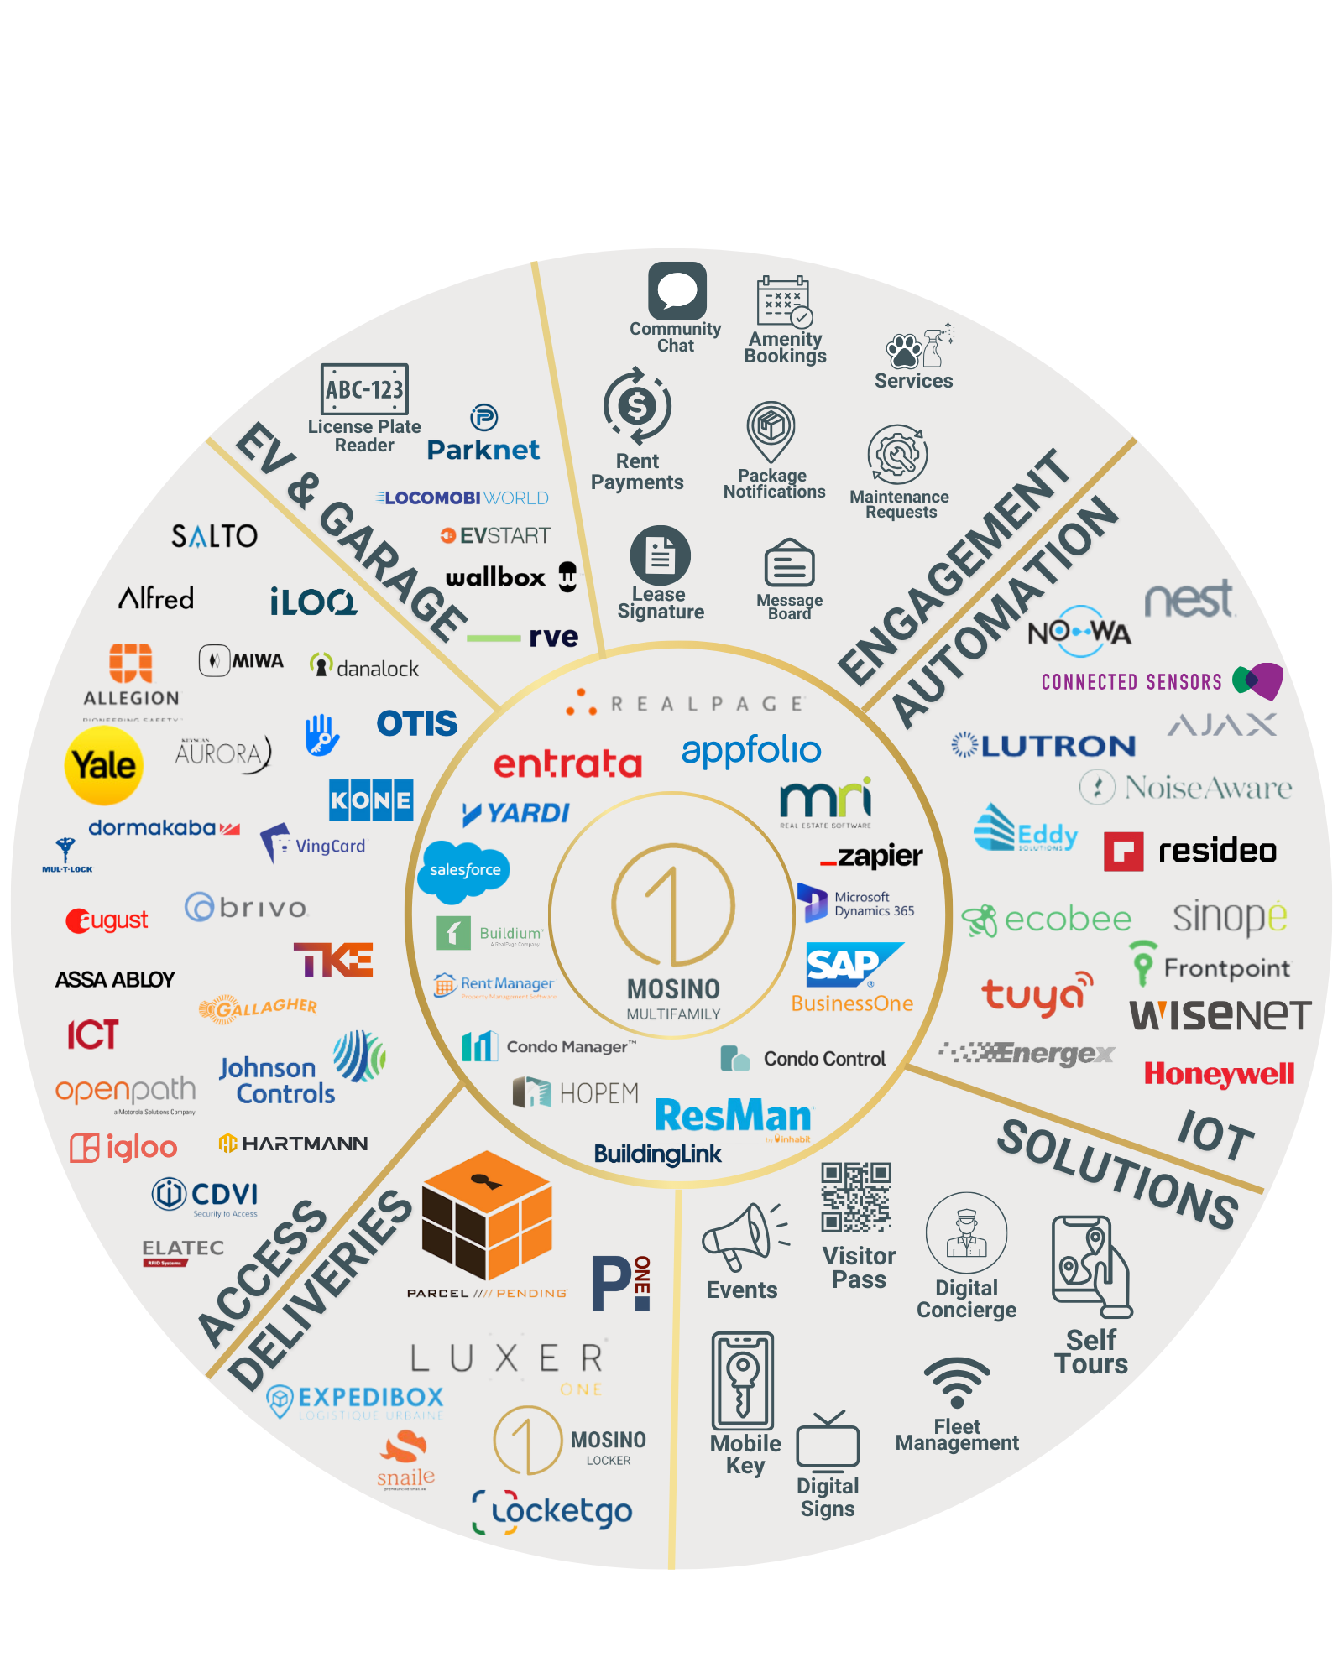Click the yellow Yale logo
[x=103, y=765]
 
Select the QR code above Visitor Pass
[x=855, y=1196]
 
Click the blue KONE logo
[x=370, y=800]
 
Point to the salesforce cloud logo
[x=464, y=871]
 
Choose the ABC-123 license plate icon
[x=364, y=389]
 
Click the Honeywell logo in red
[x=1219, y=1074]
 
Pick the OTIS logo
[x=416, y=723]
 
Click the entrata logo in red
[x=567, y=764]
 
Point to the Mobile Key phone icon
[x=742, y=1381]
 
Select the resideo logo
[x=1190, y=851]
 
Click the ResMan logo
[x=733, y=1116]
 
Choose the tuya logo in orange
[x=1037, y=995]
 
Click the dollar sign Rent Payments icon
[x=637, y=407]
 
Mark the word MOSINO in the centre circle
[x=673, y=989]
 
